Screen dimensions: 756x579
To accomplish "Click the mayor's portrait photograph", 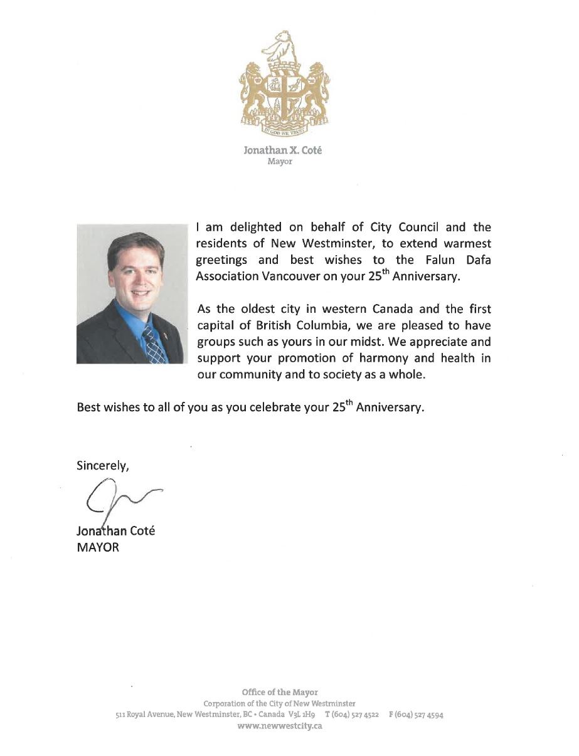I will coord(130,293).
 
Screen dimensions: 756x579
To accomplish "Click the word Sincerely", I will coord(103,465).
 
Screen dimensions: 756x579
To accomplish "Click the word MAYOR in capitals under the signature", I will coord(97,547).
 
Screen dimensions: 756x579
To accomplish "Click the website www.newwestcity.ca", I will coord(280,726).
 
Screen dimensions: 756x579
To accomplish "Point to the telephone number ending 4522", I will coord(351,715).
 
